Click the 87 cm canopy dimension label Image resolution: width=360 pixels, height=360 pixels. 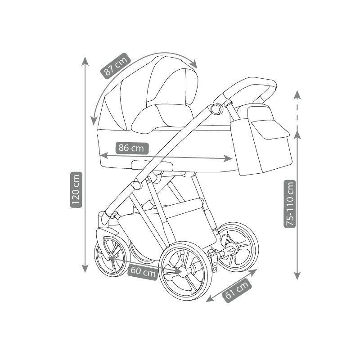pos(116,66)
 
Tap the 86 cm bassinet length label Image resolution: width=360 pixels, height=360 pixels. pos(132,148)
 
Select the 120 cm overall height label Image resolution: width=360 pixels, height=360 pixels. pos(76,189)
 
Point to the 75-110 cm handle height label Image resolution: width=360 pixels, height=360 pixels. pos(290,204)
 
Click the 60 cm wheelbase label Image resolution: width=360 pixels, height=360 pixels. pos(143,271)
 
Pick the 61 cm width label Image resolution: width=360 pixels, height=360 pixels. pos(237,290)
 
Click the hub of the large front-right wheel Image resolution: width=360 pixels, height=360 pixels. pos(183,272)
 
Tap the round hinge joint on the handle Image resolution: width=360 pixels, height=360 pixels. pos(216,109)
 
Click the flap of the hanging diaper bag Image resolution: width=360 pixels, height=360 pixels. pos(270,129)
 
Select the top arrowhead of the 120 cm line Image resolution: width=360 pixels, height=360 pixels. pos(85,61)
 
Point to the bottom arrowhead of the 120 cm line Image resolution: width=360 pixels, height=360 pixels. pos(85,268)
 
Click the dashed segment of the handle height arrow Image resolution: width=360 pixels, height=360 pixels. pos(297,115)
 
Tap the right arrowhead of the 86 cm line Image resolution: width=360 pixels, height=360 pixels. pos(228,158)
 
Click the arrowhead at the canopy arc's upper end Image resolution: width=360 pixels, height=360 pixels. pos(194,64)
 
